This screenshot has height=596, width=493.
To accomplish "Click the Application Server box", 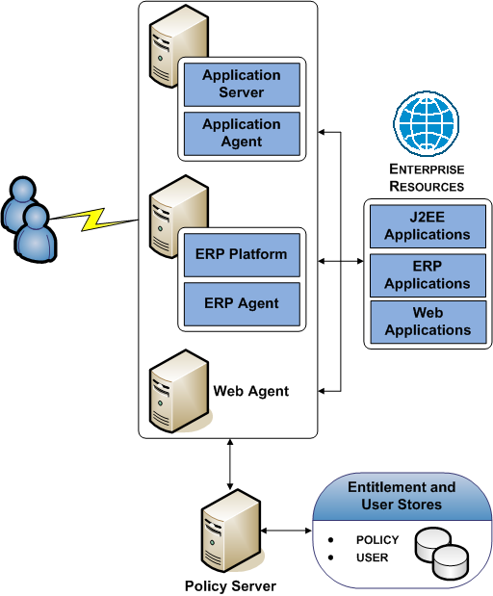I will pyautogui.click(x=242, y=84).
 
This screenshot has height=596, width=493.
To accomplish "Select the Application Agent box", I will pyautogui.click(x=242, y=133).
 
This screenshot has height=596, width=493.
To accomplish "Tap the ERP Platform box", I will pyautogui.click(x=242, y=255).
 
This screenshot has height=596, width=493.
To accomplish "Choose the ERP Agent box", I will pyautogui.click(x=242, y=303).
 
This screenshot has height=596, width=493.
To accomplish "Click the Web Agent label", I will pyautogui.click(x=250, y=391).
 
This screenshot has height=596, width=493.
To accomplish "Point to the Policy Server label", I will pyautogui.click(x=230, y=585).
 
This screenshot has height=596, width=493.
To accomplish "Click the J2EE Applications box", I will pyautogui.click(x=427, y=226).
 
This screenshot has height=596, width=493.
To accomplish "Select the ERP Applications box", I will pyautogui.click(x=427, y=275).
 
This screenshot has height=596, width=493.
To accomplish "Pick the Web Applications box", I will pyautogui.click(x=427, y=322).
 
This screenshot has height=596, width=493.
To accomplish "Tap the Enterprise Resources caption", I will pyautogui.click(x=427, y=178).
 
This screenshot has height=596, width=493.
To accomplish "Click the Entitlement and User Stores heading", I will pyautogui.click(x=402, y=496).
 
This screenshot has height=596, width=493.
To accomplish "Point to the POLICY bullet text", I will pyautogui.click(x=376, y=540).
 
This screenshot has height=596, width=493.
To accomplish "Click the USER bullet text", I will pyautogui.click(x=371, y=557).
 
